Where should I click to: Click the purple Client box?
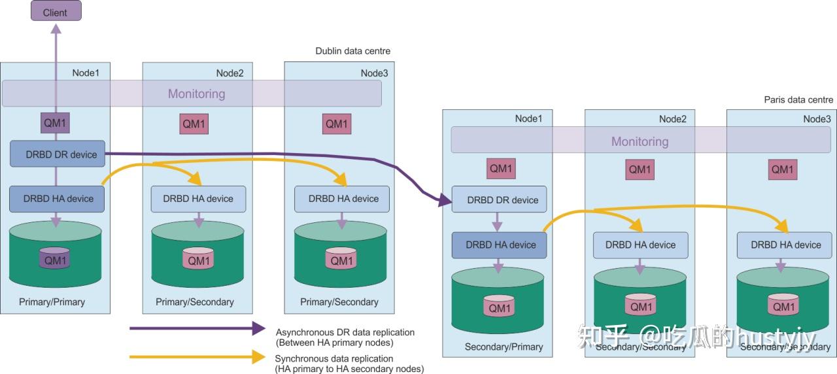click(x=56, y=11)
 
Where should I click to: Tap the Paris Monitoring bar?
click(x=640, y=141)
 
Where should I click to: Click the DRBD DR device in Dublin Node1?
click(x=58, y=154)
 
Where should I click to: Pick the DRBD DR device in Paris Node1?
click(x=499, y=200)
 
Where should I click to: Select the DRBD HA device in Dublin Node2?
click(x=198, y=199)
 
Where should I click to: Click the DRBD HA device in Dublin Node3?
click(x=341, y=199)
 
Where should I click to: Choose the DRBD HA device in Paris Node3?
click(x=785, y=245)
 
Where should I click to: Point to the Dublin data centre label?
click(x=352, y=51)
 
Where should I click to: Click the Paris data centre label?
click(x=798, y=99)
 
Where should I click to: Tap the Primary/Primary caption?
click(x=52, y=302)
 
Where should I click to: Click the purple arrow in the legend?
click(x=196, y=328)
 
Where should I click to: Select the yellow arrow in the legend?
click(x=196, y=357)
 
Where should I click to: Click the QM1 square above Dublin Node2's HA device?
click(x=194, y=124)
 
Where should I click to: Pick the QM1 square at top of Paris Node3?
click(x=782, y=169)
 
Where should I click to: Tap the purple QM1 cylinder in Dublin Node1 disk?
click(x=55, y=259)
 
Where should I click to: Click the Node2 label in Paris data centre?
click(x=672, y=119)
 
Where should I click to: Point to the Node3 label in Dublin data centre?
click(x=374, y=73)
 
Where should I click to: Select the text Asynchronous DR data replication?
click(x=345, y=332)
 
